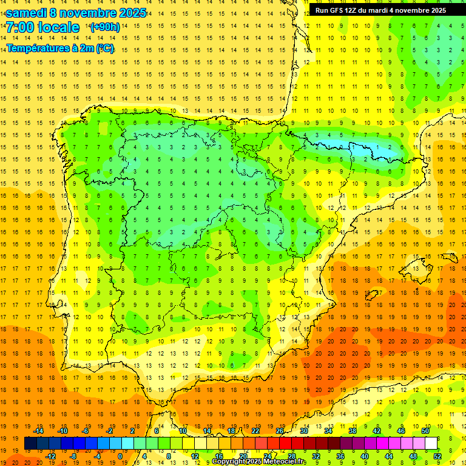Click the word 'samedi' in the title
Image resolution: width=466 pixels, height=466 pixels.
tap(24, 13)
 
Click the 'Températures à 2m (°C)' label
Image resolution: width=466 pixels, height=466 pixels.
tap(60, 49)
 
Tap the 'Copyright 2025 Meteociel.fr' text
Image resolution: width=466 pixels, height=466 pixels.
tap(259, 462)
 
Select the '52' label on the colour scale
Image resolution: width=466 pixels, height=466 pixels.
tap(437, 456)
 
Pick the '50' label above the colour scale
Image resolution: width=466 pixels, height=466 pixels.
tap(425, 431)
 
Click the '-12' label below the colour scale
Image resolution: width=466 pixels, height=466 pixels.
tap(51, 456)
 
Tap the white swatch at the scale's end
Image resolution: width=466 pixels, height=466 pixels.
tap(431, 444)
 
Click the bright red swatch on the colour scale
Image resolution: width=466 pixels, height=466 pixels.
tap(285, 444)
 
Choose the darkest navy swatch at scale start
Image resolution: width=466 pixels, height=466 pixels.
tap(30, 444)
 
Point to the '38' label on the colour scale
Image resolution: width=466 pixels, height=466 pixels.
tap(353, 431)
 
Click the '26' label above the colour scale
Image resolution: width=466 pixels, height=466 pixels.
tap(280, 431)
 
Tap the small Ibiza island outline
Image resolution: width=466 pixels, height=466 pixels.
tap(371, 295)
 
